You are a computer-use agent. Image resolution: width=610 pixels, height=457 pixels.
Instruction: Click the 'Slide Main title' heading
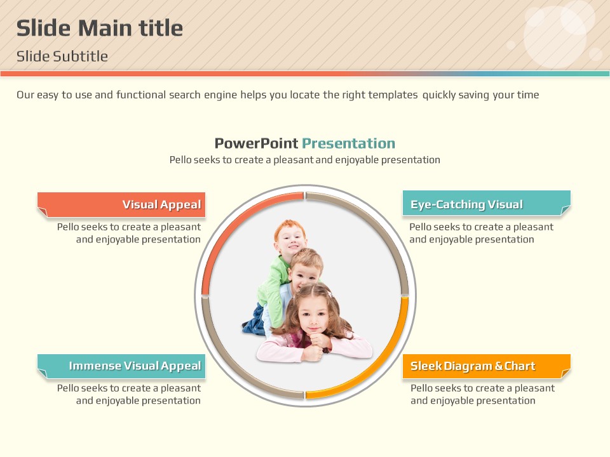100,29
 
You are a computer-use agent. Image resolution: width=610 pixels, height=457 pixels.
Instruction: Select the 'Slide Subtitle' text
62,56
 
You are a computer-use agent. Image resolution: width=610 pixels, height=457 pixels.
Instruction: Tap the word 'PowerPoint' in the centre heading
256,143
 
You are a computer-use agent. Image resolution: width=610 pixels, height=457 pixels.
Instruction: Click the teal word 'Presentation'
349,143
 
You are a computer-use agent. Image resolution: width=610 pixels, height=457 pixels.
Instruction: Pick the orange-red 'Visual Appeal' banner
121,204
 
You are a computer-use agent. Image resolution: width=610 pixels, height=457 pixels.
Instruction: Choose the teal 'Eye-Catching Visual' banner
487,203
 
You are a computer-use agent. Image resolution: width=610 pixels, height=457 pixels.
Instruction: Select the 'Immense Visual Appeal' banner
121,366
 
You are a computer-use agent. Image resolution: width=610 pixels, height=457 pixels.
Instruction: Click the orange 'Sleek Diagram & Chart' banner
487,366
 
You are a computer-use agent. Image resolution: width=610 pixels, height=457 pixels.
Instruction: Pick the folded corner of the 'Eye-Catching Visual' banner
566,210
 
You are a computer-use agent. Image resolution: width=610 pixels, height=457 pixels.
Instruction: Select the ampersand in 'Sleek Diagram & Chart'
499,366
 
